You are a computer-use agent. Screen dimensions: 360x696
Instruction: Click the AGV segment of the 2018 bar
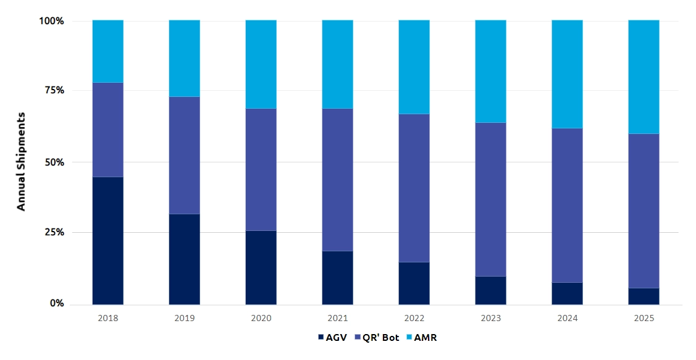[x=108, y=241]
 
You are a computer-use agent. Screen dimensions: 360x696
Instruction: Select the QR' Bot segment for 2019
[x=185, y=155]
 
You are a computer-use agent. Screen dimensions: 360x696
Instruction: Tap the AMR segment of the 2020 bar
[x=261, y=64]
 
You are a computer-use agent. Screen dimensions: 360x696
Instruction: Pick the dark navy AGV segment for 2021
[x=338, y=277]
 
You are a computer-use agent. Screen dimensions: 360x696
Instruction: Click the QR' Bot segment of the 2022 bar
[x=414, y=188]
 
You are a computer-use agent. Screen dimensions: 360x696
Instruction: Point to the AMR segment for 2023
[x=491, y=71]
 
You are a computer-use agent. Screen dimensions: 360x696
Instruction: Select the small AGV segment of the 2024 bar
[x=568, y=293]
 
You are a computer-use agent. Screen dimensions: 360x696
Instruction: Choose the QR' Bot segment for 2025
[x=644, y=211]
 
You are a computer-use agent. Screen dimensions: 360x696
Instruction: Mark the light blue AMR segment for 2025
[x=644, y=77]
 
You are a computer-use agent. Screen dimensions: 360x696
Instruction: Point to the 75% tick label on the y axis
[x=52, y=90]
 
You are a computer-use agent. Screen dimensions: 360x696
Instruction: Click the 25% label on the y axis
[x=52, y=233]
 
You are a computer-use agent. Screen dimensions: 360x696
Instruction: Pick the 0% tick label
[x=56, y=304]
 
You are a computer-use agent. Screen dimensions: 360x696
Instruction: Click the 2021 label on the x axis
[x=338, y=319]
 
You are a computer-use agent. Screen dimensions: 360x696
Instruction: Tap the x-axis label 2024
[x=568, y=319]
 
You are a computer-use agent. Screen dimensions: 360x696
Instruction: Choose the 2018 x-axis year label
[x=108, y=319]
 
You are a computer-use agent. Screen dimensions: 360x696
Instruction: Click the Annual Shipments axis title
[x=22, y=162]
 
